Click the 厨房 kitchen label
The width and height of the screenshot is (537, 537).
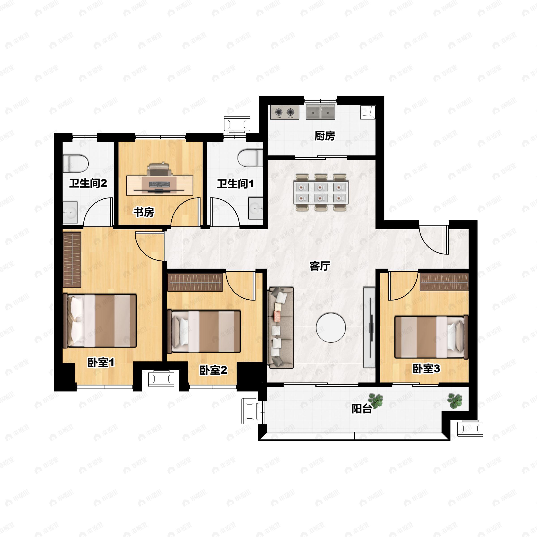[x=325, y=136]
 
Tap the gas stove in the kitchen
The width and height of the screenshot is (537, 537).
[x=285, y=112]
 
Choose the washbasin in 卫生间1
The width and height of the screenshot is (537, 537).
[x=256, y=208]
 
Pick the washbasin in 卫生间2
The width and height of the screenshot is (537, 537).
[x=70, y=213]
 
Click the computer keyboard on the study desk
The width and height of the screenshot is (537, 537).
[x=159, y=184]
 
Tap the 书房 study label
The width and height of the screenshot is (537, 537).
[x=144, y=212]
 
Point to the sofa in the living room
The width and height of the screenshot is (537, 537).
[x=280, y=328]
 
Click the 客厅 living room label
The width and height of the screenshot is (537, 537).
[x=320, y=266]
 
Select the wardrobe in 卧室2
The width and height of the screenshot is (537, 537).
[x=195, y=282]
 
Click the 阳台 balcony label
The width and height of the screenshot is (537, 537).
[x=362, y=409]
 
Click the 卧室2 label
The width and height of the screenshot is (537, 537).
[x=213, y=370]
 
